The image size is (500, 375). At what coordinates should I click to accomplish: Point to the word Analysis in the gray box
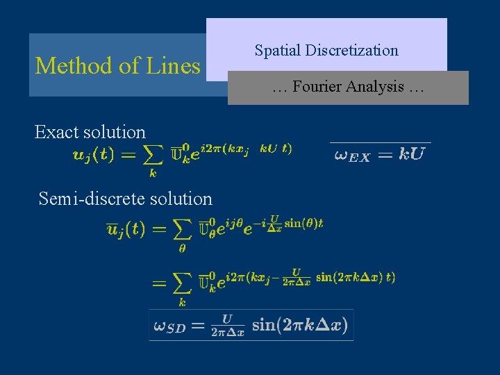tap(375, 87)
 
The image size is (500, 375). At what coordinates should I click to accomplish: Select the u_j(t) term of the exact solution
tap(93, 154)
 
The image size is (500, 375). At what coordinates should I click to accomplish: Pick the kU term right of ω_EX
tap(411, 154)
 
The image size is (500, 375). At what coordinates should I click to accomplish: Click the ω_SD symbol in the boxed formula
tap(169, 326)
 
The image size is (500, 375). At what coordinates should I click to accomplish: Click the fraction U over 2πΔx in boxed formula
tap(228, 325)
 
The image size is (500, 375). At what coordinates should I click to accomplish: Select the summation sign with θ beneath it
tap(181, 230)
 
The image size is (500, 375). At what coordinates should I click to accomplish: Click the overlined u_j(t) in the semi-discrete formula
tap(125, 228)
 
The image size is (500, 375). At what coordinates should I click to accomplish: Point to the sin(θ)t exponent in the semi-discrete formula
tap(303, 223)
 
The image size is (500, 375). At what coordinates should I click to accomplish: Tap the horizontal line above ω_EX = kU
tap(380, 142)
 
